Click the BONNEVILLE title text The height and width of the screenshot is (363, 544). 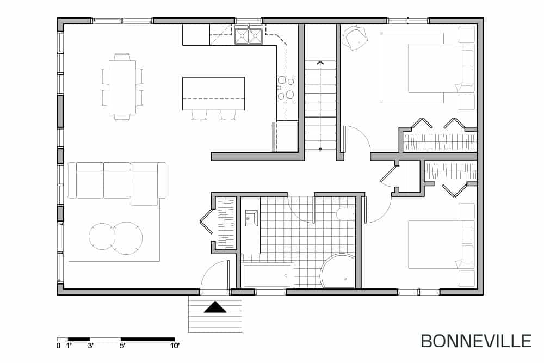coord(475,341)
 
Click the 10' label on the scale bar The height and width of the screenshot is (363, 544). coord(175,346)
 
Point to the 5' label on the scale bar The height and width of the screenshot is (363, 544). coord(122,346)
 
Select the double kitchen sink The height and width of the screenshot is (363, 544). coord(249,35)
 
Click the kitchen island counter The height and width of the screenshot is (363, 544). coord(213,94)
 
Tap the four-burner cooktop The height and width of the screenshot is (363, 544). coord(286,88)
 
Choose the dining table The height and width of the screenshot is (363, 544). coord(122,87)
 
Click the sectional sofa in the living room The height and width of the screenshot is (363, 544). coord(118,183)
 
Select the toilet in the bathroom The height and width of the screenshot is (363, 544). coord(345,214)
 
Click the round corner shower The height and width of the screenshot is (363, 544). coord(338,271)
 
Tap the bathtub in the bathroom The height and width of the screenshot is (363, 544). coord(267,276)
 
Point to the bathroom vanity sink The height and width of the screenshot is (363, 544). coord(251,218)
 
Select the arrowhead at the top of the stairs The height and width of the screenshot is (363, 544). coord(320,63)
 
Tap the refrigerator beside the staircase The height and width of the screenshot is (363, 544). coord(286,137)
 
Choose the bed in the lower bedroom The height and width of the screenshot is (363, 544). coord(441,244)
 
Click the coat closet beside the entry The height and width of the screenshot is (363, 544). coord(224,223)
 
